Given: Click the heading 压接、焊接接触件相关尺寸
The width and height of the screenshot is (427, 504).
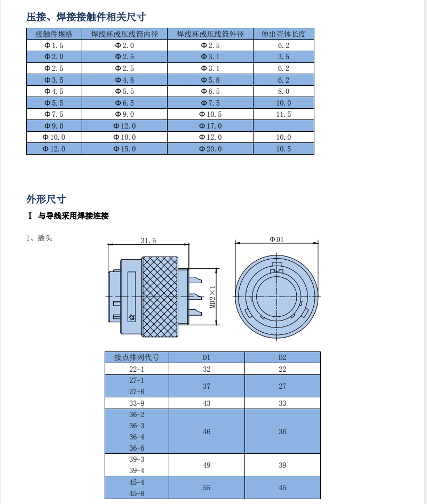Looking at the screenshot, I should pyautogui.click(x=86, y=17).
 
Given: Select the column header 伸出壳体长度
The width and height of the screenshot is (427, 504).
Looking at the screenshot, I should pyautogui.click(x=283, y=34).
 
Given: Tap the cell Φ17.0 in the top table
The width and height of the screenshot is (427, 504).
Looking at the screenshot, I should pyautogui.click(x=210, y=126).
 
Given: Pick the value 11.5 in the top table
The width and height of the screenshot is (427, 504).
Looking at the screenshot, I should pyautogui.click(x=283, y=114).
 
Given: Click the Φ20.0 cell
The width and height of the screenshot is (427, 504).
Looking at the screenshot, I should pyautogui.click(x=210, y=149).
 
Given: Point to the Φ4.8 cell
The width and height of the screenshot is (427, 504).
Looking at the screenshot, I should pyautogui.click(x=124, y=80).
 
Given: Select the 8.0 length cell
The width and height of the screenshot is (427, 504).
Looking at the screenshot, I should pyautogui.click(x=283, y=91).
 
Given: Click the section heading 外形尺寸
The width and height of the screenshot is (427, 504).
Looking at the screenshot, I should pyautogui.click(x=46, y=199).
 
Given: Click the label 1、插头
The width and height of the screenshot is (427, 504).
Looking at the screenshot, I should pyautogui.click(x=39, y=238).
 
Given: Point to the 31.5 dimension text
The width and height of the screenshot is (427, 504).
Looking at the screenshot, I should pyautogui.click(x=148, y=241).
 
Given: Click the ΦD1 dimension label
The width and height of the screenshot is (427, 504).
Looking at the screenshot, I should pyautogui.click(x=276, y=239).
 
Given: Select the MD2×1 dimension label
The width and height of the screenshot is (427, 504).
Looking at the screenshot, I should pyautogui.click(x=212, y=297).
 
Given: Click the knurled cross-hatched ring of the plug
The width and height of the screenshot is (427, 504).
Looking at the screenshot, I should pyautogui.click(x=160, y=297).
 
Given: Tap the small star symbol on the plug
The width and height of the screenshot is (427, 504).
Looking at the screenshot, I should pyautogui.click(x=132, y=317).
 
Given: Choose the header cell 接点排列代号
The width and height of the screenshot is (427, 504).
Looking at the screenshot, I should pyautogui.click(x=137, y=357).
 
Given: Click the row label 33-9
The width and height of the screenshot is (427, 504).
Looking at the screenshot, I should pyautogui.click(x=137, y=403).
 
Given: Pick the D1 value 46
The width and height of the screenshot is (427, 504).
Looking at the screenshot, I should pyautogui.click(x=207, y=431).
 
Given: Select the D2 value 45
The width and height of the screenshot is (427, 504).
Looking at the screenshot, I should pyautogui.click(x=282, y=487).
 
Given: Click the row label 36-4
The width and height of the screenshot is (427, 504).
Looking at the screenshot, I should pyautogui.click(x=137, y=437).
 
